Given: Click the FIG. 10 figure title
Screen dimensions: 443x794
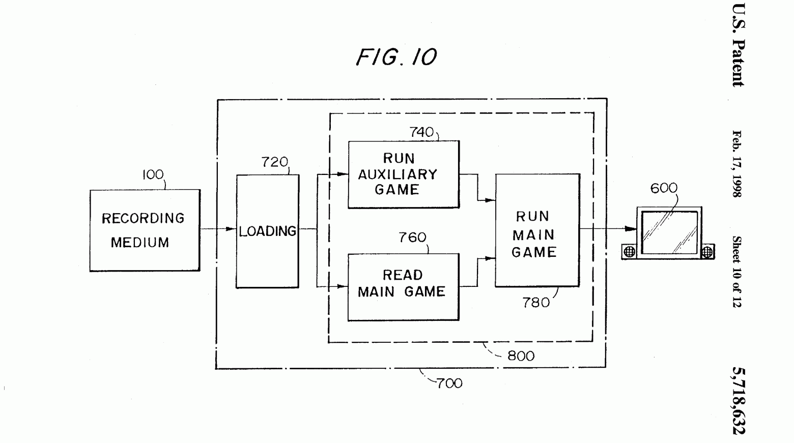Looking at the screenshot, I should (x=396, y=56).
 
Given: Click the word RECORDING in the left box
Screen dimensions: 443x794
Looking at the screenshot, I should (x=143, y=218).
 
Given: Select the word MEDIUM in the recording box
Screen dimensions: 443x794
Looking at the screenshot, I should (x=140, y=243).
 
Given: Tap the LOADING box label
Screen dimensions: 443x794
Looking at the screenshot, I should (x=268, y=231).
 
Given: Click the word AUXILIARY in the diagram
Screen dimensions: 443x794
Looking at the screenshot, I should (x=398, y=174).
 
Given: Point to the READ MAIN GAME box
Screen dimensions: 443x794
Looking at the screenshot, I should (x=403, y=287).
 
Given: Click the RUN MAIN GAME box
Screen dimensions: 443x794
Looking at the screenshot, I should (x=537, y=230).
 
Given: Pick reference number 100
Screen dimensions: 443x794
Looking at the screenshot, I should (x=153, y=175).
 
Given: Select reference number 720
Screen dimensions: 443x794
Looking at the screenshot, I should (x=275, y=162).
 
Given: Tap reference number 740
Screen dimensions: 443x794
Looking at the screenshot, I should (x=422, y=132).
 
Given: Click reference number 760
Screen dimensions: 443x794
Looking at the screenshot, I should (x=412, y=238).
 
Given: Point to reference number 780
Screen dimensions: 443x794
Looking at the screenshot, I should (x=536, y=303).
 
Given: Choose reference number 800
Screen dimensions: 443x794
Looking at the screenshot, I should (x=521, y=356).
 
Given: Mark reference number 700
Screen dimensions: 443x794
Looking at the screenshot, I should (x=449, y=383).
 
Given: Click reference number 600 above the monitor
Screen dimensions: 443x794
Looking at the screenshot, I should (x=664, y=188).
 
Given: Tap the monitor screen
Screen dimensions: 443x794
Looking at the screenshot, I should (x=669, y=232).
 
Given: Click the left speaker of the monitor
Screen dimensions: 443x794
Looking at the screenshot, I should (x=630, y=251).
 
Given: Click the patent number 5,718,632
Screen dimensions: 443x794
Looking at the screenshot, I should (x=738, y=400).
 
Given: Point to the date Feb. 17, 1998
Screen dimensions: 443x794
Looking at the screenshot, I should (x=737, y=164).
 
